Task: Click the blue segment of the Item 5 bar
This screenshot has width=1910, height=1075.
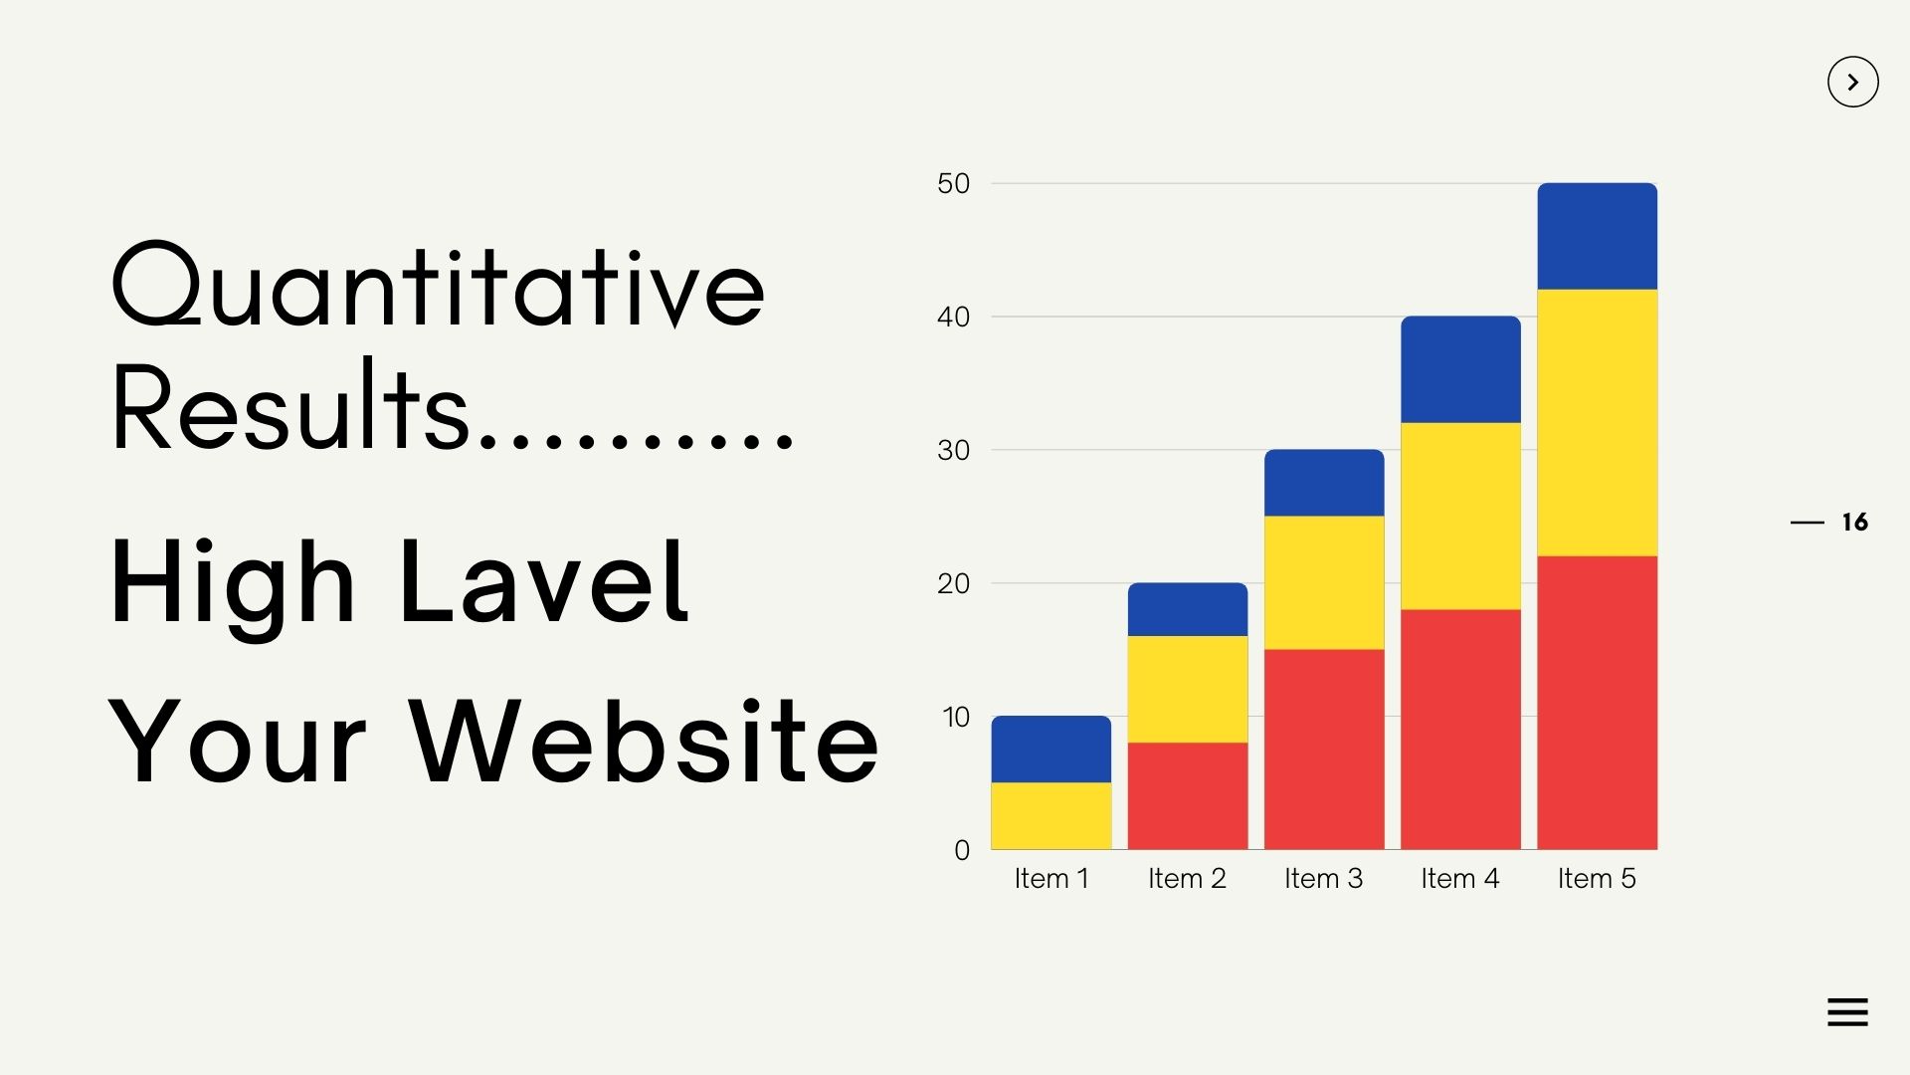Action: tap(1597, 236)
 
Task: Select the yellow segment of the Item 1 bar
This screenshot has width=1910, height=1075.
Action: tap(1051, 815)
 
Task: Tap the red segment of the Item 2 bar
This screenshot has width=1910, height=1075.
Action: tap(1188, 795)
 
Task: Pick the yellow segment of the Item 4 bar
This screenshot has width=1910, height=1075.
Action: tap(1460, 516)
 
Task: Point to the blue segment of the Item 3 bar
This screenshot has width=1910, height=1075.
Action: tap(1324, 483)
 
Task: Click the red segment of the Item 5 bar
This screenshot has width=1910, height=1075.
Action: tap(1597, 703)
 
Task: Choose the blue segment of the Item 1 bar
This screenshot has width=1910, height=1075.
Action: tap(1051, 749)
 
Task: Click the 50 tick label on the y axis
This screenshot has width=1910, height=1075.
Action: tap(953, 183)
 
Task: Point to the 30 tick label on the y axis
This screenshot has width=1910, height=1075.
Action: tap(953, 450)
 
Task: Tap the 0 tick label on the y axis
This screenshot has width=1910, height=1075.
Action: tap(962, 850)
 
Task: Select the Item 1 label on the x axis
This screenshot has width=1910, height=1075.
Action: tap(1051, 878)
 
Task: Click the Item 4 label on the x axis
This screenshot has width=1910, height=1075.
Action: tap(1460, 878)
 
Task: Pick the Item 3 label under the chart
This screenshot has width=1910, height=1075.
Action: tap(1324, 878)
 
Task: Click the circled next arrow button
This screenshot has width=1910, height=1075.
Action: tap(1853, 82)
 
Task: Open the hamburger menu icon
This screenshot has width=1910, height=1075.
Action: tap(1847, 1012)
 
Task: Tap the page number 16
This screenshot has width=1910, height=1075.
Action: tap(1855, 523)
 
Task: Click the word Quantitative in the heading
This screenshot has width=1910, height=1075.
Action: tap(439, 285)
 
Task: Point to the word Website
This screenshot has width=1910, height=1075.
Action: tap(644, 741)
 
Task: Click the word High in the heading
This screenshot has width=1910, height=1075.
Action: tap(232, 587)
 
